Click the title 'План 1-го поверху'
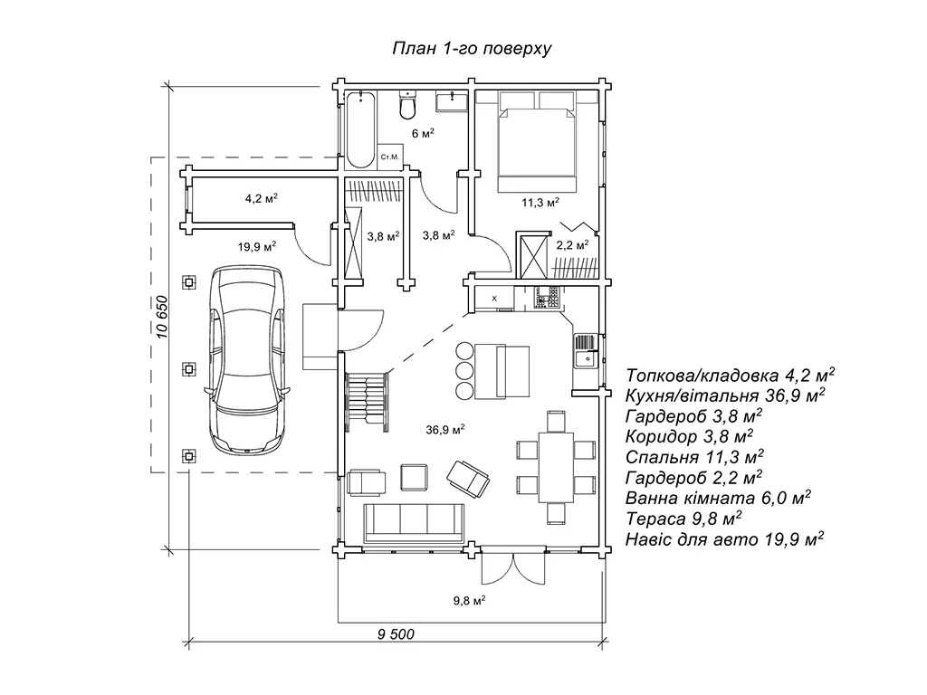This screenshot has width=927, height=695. pyautogui.click(x=471, y=48)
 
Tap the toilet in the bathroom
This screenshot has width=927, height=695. pyautogui.click(x=407, y=106)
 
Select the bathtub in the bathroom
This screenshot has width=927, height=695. pyautogui.click(x=360, y=129)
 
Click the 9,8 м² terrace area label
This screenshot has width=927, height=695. pyautogui.click(x=470, y=599)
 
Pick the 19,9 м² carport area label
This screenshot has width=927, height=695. pyautogui.click(x=257, y=245)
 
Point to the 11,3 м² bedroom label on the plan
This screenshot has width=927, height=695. pyautogui.click(x=540, y=202)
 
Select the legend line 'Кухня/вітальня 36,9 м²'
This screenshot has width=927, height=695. pyautogui.click(x=724, y=395)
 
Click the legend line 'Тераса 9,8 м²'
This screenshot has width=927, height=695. pyautogui.click(x=683, y=519)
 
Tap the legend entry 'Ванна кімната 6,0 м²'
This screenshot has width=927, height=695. pyautogui.click(x=717, y=498)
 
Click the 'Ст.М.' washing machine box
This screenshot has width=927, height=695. pyautogui.click(x=391, y=157)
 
